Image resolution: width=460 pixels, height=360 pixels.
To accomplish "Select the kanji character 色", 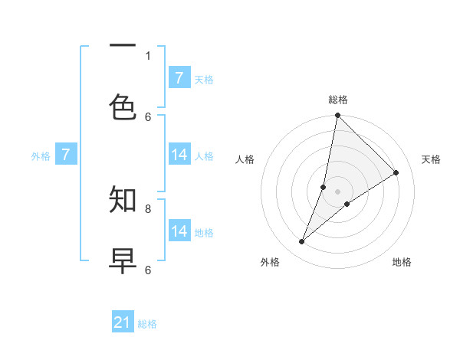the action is (123, 108).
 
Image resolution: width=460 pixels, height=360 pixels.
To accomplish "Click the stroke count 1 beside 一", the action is (148, 55).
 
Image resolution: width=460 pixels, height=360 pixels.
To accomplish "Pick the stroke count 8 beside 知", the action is (148, 208).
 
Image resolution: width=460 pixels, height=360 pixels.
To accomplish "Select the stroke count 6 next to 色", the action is (148, 116).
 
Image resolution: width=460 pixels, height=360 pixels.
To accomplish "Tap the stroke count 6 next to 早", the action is (148, 270).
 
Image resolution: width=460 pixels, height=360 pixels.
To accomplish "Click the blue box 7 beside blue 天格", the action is (179, 78).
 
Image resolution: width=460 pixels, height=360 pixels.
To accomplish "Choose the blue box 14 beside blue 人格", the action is (179, 155).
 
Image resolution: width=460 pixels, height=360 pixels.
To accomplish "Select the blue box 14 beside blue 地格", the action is (179, 231).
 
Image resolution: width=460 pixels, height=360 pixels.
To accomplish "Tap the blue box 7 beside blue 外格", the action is (66, 155).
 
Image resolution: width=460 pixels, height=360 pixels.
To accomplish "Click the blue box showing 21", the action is (123, 322).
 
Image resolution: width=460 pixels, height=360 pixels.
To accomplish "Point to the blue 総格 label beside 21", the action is (147, 324).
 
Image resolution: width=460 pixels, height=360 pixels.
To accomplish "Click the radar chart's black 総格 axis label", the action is (338, 100).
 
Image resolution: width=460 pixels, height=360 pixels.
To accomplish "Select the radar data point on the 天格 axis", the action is (396, 173).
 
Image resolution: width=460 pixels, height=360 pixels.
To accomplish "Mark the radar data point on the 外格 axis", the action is (302, 242).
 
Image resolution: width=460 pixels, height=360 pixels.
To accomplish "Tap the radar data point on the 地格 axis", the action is (347, 204).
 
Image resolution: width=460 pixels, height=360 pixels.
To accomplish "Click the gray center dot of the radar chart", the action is (338, 191).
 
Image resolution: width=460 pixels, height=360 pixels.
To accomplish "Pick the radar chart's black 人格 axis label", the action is (245, 159).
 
